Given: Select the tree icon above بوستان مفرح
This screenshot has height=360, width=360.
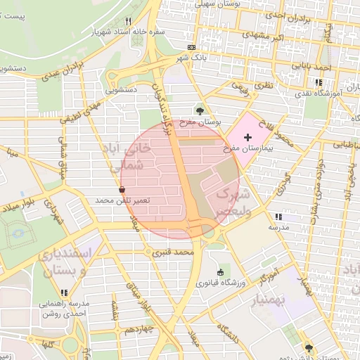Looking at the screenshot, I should tap(200, 110).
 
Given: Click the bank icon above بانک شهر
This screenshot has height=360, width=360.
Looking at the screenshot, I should tap(191, 47).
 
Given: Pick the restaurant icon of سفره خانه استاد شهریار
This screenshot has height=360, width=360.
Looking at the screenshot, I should tap(127, 21).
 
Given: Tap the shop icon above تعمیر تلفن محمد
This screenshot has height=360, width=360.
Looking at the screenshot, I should tap(123, 190).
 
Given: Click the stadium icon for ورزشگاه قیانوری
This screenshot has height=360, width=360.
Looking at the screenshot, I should tap(221, 272).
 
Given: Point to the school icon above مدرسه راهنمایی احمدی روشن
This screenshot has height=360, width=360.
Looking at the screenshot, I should tap(64, 292).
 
